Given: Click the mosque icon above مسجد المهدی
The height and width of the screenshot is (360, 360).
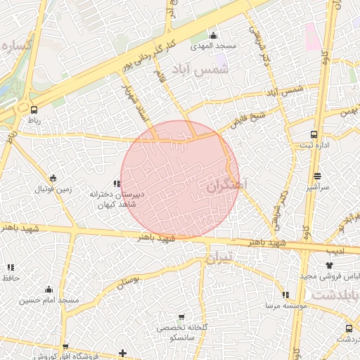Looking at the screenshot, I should point(214,35).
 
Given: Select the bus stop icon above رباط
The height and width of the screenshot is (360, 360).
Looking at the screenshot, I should point(34,109).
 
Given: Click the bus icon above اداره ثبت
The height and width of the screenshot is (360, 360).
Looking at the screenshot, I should point(313,134).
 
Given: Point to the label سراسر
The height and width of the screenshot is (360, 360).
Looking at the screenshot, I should point(318,188).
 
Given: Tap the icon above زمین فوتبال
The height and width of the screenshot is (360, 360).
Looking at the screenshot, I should point(53,178).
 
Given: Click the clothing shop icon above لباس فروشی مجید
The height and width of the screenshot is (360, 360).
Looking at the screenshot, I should point(330,266).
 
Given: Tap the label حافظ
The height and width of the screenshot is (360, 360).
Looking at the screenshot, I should point(10,278).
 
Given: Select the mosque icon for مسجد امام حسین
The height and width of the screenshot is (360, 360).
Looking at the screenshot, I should point(49,289).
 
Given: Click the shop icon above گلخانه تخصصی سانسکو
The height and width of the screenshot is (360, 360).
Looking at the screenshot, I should point(181,318).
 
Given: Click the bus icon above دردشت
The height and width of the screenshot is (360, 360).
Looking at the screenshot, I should point(349,328).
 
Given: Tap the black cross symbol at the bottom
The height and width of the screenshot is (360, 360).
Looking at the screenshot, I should point(123,352).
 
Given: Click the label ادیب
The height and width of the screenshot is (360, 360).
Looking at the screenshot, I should point(335,249).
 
